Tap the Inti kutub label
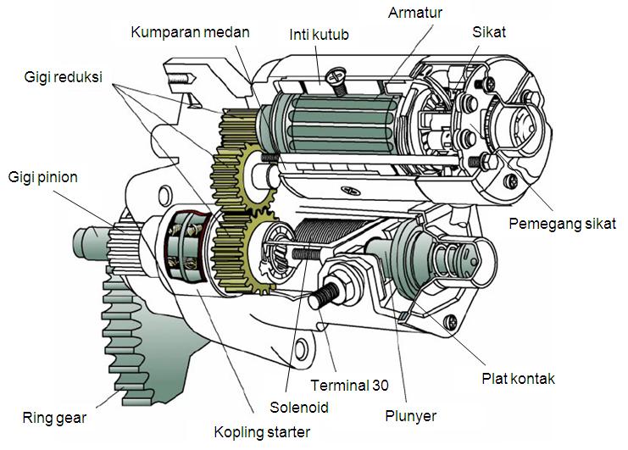319,36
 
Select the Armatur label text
417,14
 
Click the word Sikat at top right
489,32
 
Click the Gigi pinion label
43,177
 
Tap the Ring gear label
55,418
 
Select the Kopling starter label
262,432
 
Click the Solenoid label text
299,407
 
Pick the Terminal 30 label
350,385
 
